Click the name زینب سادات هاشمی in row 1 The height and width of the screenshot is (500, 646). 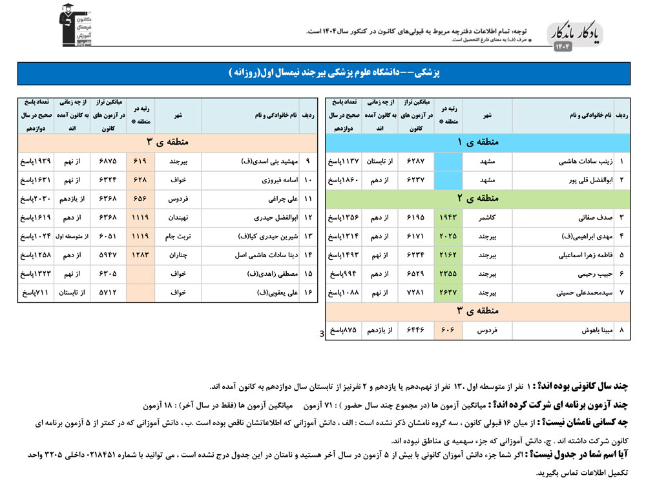[574, 161]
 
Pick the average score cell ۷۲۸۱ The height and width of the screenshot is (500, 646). [416, 293]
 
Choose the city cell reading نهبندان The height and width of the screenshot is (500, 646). [178, 218]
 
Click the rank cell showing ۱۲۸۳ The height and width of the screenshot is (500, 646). [140, 255]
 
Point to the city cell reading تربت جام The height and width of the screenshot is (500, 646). [178, 236]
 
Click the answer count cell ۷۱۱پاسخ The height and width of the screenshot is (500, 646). [36, 293]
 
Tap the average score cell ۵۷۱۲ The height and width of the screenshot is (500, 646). [108, 293]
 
